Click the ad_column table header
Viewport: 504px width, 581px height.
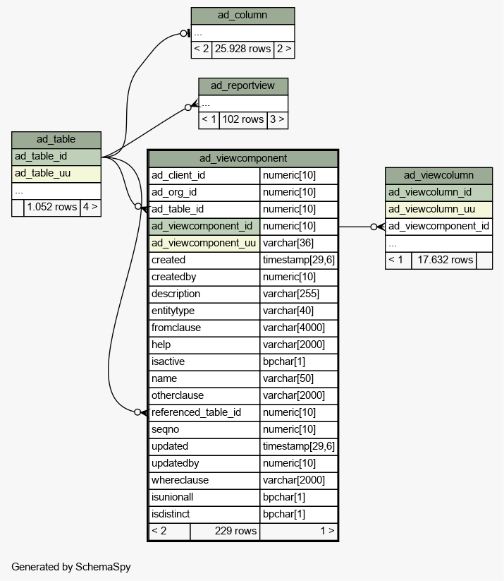click(242, 16)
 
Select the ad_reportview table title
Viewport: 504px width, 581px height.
click(243, 86)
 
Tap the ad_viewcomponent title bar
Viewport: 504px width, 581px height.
click(243, 159)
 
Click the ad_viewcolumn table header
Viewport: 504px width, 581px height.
click(438, 176)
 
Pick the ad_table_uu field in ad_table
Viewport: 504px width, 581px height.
click(56, 174)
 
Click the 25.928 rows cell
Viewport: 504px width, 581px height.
click(242, 49)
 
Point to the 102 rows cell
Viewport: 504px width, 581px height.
click(242, 120)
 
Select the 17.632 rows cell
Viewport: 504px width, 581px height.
click(444, 260)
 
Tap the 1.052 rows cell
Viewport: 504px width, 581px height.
click(51, 207)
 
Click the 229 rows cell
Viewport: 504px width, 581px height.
click(225, 531)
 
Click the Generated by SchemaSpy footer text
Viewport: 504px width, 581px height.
click(71, 567)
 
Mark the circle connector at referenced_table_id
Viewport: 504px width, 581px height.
click(137, 412)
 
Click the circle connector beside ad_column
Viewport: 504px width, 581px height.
click(183, 34)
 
